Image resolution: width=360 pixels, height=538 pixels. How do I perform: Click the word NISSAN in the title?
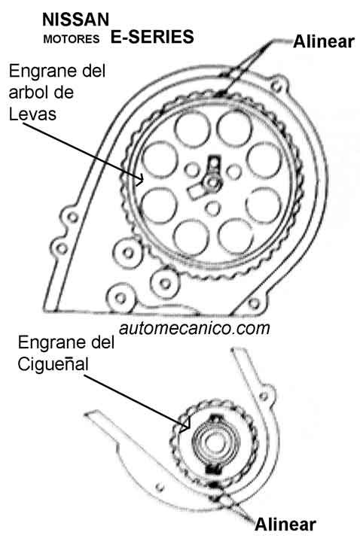pos(75,20)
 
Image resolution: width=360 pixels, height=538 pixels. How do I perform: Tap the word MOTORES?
pos(72,39)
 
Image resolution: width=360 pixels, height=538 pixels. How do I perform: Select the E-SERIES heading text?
pos(152,37)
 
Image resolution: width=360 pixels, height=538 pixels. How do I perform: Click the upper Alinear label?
pos(324,41)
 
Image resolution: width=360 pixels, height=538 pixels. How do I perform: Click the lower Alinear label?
pos(285,524)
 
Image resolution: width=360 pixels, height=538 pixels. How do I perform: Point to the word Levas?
pos(32,114)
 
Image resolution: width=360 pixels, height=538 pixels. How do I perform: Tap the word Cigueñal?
pos(53,364)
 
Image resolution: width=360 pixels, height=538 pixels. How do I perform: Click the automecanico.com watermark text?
pos(194,328)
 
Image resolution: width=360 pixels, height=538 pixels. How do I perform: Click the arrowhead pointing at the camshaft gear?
pos(140,179)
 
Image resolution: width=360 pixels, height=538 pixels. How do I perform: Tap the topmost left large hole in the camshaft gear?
pos(192,129)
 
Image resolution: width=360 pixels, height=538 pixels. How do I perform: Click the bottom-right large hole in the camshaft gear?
pos(235,237)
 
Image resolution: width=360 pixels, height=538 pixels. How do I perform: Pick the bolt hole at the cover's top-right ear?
pos(277,86)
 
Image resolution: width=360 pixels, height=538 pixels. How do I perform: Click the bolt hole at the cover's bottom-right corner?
pos(254,303)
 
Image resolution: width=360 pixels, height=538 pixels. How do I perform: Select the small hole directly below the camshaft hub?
pos(213,208)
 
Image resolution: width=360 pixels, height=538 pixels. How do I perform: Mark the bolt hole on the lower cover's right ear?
pos(264,397)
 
